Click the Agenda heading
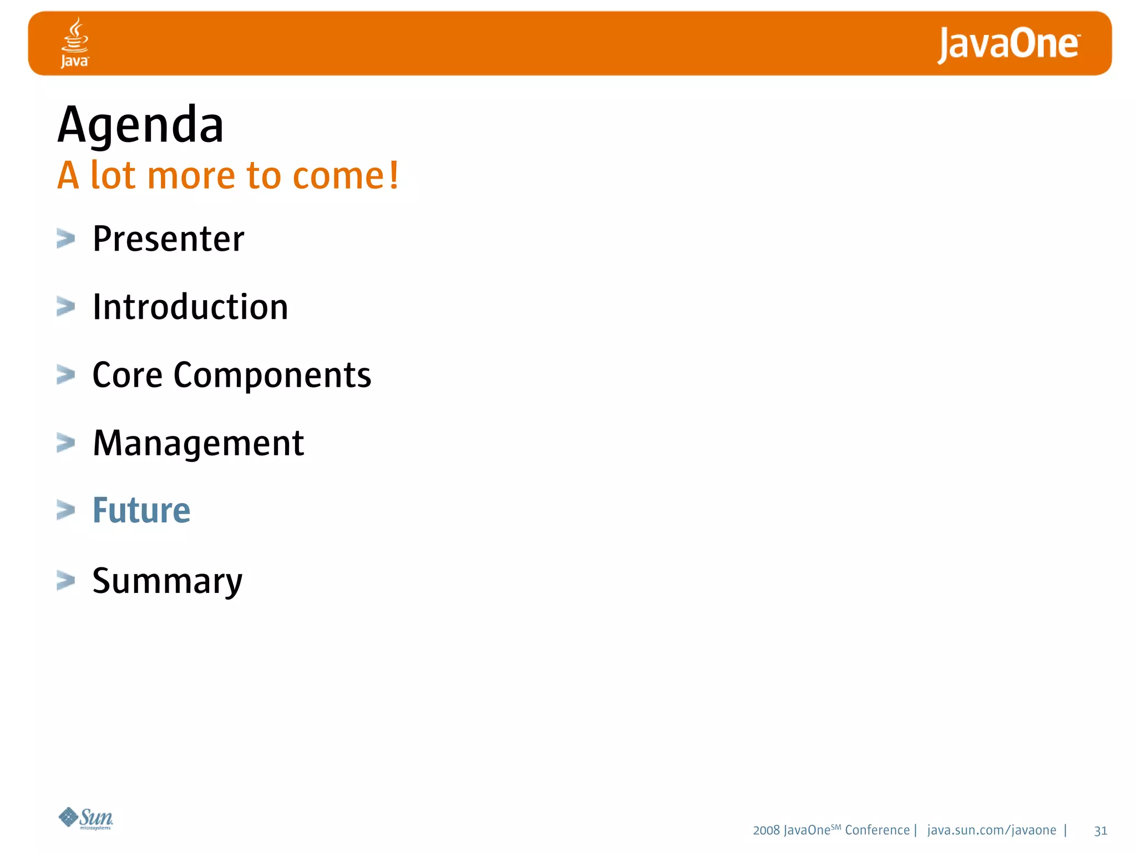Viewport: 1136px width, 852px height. tap(140, 125)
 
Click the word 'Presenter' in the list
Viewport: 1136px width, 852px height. tap(168, 239)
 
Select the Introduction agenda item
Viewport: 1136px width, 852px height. tap(190, 307)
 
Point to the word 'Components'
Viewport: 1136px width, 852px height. tap(272, 376)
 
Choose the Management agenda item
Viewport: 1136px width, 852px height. tap(198, 443)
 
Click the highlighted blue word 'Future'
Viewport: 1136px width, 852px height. tap(141, 510)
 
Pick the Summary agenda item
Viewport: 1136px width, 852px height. tap(167, 581)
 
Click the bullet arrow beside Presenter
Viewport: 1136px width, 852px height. tap(66, 239)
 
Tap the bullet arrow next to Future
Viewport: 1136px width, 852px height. tap(66, 510)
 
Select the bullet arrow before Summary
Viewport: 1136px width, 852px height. tap(66, 581)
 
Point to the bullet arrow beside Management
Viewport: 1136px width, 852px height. tap(66, 443)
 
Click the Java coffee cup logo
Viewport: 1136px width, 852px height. tap(75, 42)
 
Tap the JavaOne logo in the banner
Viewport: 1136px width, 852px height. tap(1008, 44)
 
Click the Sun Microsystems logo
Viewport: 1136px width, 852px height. tap(87, 818)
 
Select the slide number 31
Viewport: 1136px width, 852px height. tap(1100, 831)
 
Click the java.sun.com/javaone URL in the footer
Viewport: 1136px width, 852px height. tap(991, 830)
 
